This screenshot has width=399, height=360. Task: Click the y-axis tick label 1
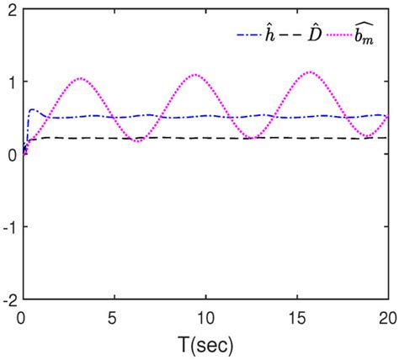(x=11, y=83)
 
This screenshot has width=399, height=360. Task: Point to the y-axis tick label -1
(x=8, y=227)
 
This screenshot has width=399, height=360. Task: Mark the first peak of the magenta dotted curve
(x=81, y=79)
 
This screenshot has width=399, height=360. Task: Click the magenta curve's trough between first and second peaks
(x=139, y=140)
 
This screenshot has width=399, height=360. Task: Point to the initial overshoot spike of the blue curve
(x=33, y=109)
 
